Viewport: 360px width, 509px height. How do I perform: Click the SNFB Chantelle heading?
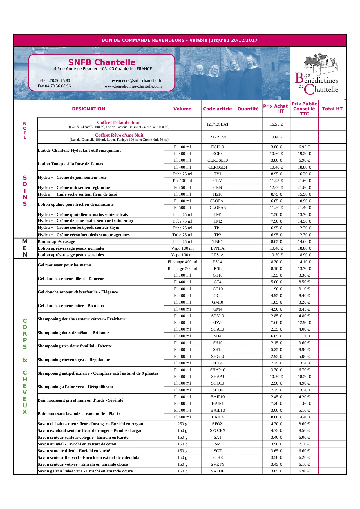pos(102,62)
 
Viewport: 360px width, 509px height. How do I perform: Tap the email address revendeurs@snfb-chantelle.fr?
pos(136,80)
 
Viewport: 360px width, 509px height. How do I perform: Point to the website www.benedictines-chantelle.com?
pos(133,86)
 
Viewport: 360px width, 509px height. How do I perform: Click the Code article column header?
pos(218,109)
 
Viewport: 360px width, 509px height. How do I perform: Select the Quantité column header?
pos(248,109)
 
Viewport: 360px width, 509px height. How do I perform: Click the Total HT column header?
pos(332,109)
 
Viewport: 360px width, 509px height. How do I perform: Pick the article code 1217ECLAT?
pos(218,124)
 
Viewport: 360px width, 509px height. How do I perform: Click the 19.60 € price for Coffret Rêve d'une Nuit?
pos(276,137)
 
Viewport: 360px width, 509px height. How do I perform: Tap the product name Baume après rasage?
pos(57,241)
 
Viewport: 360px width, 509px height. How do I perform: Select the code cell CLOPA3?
pos(218,207)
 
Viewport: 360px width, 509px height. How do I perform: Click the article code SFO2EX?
pos(218,430)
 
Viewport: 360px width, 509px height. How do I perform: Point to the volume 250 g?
pos(182,424)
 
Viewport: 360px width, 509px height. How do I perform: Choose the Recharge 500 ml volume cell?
pos(182,268)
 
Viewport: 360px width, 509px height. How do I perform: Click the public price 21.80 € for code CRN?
pos(304,187)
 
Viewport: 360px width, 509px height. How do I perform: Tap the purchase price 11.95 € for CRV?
pos(276,181)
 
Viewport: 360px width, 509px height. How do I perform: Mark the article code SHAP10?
pos(218,370)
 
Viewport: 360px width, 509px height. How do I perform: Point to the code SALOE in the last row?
pos(218,471)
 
